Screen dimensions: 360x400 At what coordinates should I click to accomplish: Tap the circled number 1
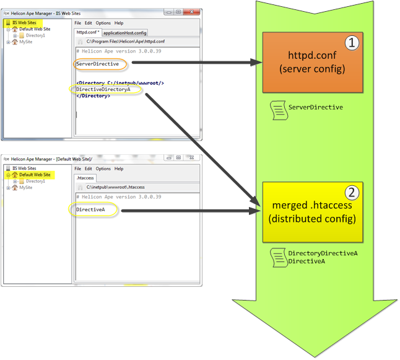(352, 43)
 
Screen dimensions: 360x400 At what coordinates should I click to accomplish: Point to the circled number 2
(350, 191)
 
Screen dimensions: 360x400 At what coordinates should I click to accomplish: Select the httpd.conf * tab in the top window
(87, 32)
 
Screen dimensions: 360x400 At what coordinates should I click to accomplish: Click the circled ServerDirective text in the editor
(97, 64)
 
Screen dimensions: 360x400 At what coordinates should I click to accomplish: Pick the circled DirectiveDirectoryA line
(104, 89)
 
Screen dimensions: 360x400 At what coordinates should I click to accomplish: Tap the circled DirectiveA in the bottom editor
(91, 210)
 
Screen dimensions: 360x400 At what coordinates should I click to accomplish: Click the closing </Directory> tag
(93, 96)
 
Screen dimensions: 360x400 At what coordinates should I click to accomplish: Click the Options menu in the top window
(103, 23)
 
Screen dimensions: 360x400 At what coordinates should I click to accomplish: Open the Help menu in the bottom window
(119, 169)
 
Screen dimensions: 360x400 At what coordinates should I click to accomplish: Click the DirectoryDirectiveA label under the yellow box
(323, 253)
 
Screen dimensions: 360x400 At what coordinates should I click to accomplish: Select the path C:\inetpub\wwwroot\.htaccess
(115, 187)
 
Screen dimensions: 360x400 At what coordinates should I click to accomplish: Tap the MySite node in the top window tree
(25, 42)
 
